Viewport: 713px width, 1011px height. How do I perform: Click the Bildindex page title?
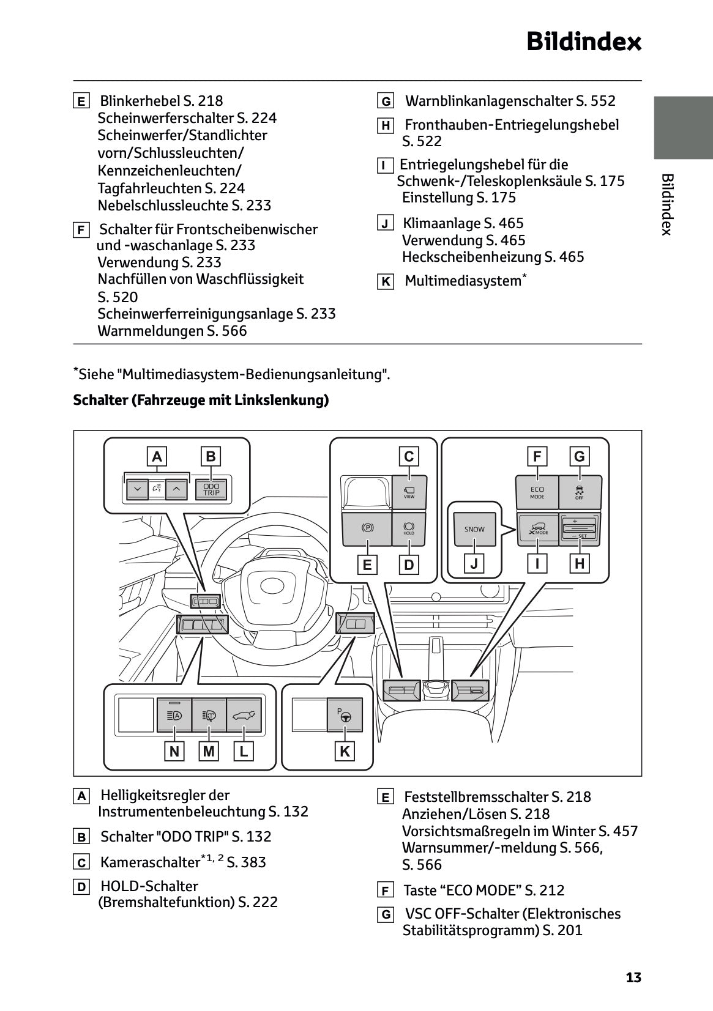click(583, 42)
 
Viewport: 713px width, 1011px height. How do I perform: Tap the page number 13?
click(633, 977)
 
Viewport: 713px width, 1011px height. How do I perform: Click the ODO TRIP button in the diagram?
click(211, 489)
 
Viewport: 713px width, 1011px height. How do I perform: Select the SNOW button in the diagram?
click(474, 529)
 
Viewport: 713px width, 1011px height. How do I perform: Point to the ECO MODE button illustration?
click(537, 492)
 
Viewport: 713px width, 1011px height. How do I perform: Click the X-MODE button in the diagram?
click(537, 529)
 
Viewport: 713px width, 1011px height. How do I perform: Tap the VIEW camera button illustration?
click(409, 491)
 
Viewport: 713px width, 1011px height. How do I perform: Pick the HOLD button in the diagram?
click(409, 529)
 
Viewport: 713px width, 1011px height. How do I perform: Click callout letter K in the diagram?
click(345, 751)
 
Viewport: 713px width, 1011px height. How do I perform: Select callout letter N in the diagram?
click(174, 751)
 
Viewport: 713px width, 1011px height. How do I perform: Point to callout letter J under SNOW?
click(474, 563)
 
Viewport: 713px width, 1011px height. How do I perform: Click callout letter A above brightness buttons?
click(157, 456)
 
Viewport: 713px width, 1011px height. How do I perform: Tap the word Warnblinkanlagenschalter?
click(490, 101)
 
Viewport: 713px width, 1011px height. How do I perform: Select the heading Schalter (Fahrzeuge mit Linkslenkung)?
click(201, 400)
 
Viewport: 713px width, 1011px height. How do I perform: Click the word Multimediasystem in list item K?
click(463, 281)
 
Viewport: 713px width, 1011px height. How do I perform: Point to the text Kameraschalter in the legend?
click(150, 862)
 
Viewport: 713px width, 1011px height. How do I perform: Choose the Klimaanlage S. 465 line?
click(463, 223)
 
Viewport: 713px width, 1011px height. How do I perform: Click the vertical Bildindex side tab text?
click(667, 204)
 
